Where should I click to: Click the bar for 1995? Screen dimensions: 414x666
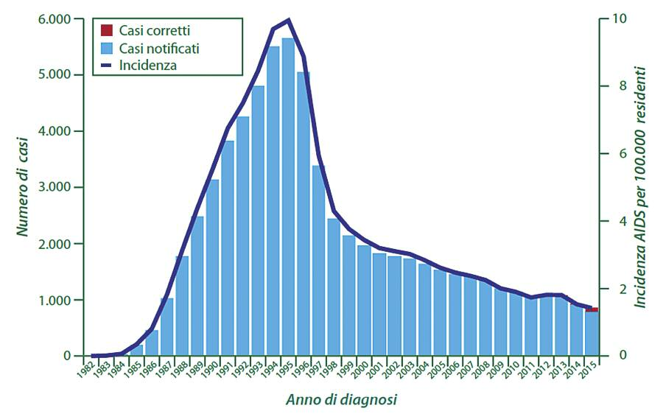tap(288, 199)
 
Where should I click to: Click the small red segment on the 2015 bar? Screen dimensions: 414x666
tap(592, 309)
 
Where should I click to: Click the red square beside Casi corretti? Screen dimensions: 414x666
tap(107, 30)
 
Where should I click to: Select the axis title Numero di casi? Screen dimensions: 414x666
tap(23, 187)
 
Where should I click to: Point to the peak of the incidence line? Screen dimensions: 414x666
tap(288, 20)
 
